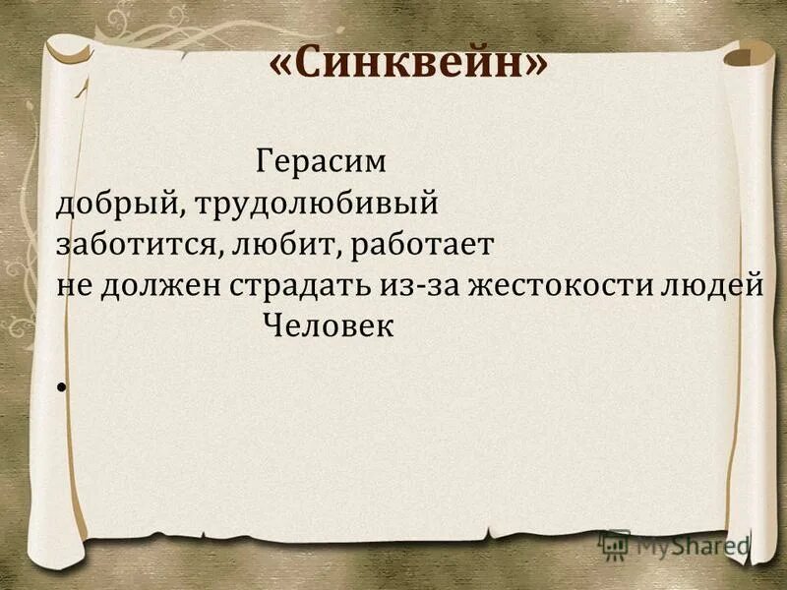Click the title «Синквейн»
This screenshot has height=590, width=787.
tap(407, 66)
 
